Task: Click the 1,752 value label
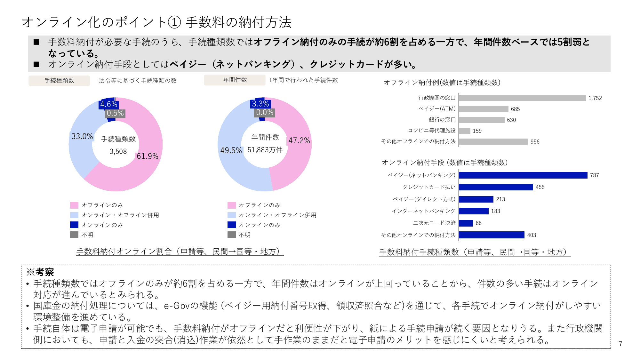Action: pyautogui.click(x=595, y=98)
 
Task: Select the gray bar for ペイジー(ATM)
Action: pyautogui.click(x=484, y=109)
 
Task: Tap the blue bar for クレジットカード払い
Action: pyautogui.click(x=496, y=187)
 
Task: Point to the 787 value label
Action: pyautogui.click(x=594, y=175)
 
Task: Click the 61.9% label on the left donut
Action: pyautogui.click(x=148, y=156)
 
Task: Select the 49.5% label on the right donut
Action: pyautogui.click(x=231, y=150)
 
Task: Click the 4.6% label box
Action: pyautogui.click(x=109, y=104)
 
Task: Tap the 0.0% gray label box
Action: pyautogui.click(x=265, y=113)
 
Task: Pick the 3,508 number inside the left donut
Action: pyautogui.click(x=118, y=151)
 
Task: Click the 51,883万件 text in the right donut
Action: pyautogui.click(x=265, y=150)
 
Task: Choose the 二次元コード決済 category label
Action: pyautogui.click(x=434, y=223)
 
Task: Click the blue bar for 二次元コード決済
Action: pyautogui.click(x=466, y=223)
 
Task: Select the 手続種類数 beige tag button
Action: pyautogui.click(x=59, y=81)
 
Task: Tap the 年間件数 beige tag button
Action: pyautogui.click(x=235, y=80)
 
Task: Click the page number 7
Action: pyautogui.click(x=620, y=344)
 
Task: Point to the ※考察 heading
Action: pyautogui.click(x=40, y=272)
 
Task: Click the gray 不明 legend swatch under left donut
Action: pyautogui.click(x=74, y=235)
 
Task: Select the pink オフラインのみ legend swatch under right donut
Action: pyautogui.click(x=232, y=205)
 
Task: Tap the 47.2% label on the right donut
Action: pyautogui.click(x=299, y=140)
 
